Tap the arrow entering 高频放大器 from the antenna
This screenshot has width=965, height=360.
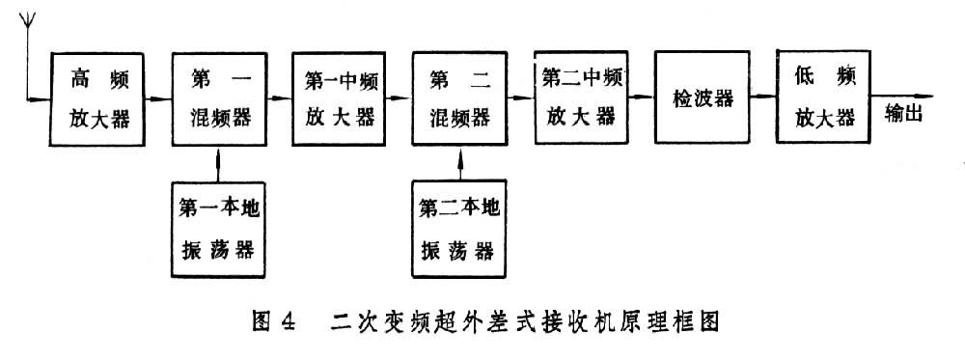[x=39, y=97]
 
